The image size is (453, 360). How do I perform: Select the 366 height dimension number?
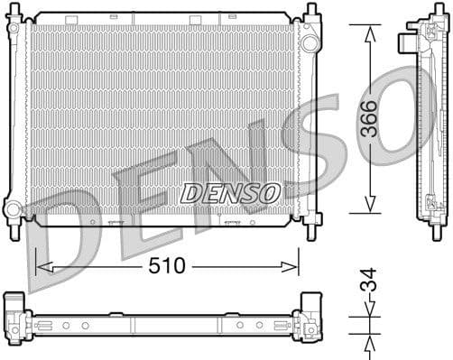[x=370, y=118]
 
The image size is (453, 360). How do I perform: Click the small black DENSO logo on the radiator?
[x=230, y=192]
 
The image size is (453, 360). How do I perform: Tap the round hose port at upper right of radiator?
[x=309, y=42]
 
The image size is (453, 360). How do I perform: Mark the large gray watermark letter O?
[x=406, y=108]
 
